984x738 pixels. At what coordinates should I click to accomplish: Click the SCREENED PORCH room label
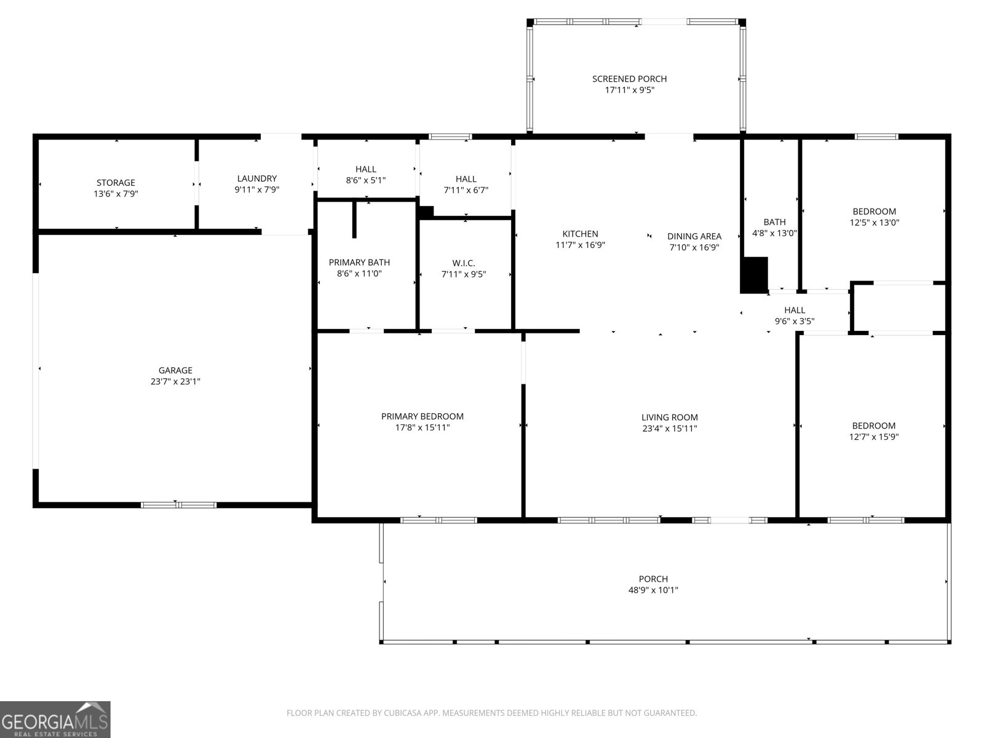click(x=629, y=79)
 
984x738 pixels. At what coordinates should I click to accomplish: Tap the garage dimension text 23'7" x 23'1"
click(x=175, y=381)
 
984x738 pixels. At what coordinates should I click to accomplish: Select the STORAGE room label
click(x=116, y=183)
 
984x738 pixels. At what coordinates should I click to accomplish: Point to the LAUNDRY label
click(x=257, y=179)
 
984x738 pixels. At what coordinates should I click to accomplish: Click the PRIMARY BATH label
click(x=359, y=263)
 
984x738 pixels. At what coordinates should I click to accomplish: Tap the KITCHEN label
click(x=580, y=234)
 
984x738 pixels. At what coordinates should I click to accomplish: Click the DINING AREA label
click(x=694, y=236)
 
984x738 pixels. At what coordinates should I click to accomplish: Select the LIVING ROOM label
click(x=669, y=418)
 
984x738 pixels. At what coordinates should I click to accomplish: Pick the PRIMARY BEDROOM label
click(x=422, y=416)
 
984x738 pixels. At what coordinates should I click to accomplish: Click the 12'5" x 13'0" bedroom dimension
click(x=874, y=223)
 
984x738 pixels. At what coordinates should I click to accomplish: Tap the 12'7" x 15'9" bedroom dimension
click(x=873, y=437)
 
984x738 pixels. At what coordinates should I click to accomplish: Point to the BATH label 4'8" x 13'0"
click(x=774, y=222)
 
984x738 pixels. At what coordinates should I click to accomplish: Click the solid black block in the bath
click(x=754, y=275)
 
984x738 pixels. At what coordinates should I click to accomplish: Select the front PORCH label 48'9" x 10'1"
click(x=653, y=579)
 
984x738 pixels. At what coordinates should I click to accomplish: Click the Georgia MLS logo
click(x=55, y=720)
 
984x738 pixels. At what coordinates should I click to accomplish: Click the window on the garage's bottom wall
click(x=178, y=505)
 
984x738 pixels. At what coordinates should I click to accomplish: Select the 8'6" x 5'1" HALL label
click(x=365, y=169)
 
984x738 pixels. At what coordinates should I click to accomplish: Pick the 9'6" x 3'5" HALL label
click(x=795, y=310)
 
